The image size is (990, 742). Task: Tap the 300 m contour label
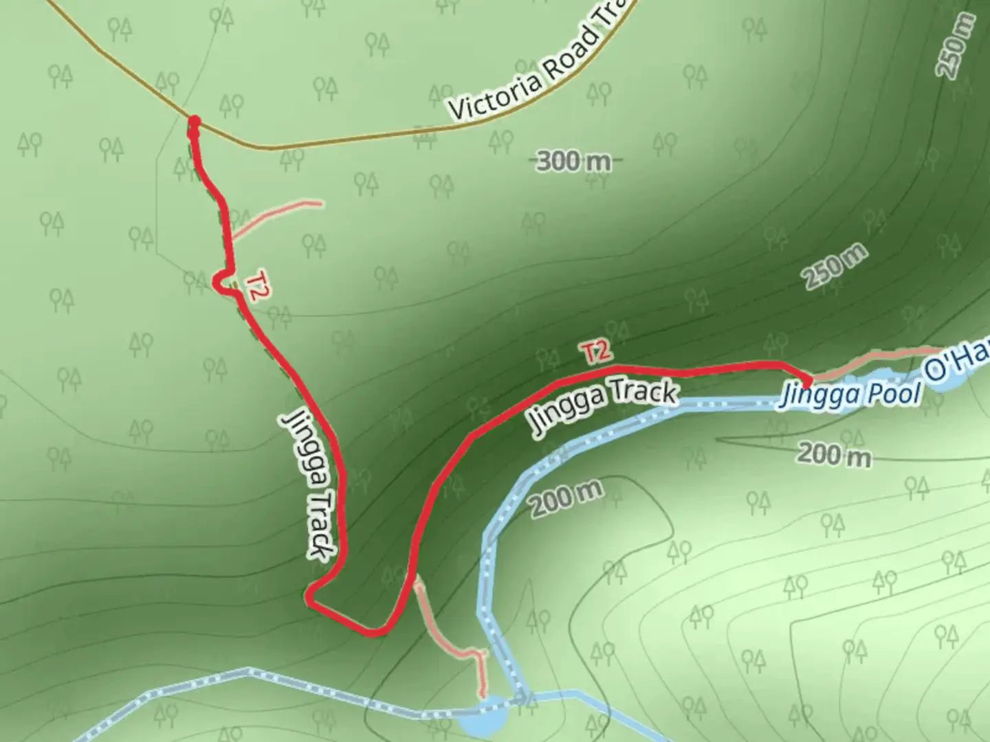pyautogui.click(x=573, y=161)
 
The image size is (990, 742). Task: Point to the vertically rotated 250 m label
pyautogui.click(x=956, y=45)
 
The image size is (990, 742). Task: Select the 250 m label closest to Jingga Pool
pyautogui.click(x=835, y=267)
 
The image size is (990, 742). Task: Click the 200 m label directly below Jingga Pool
pyautogui.click(x=834, y=454)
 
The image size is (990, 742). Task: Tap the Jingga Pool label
pyautogui.click(x=850, y=394)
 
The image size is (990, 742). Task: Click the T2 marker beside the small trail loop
pyautogui.click(x=256, y=286)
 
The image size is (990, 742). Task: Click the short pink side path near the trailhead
pyautogui.click(x=275, y=216)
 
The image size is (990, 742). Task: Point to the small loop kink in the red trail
pyautogui.click(x=221, y=282)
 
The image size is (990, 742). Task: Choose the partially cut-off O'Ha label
pyautogui.click(x=958, y=363)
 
